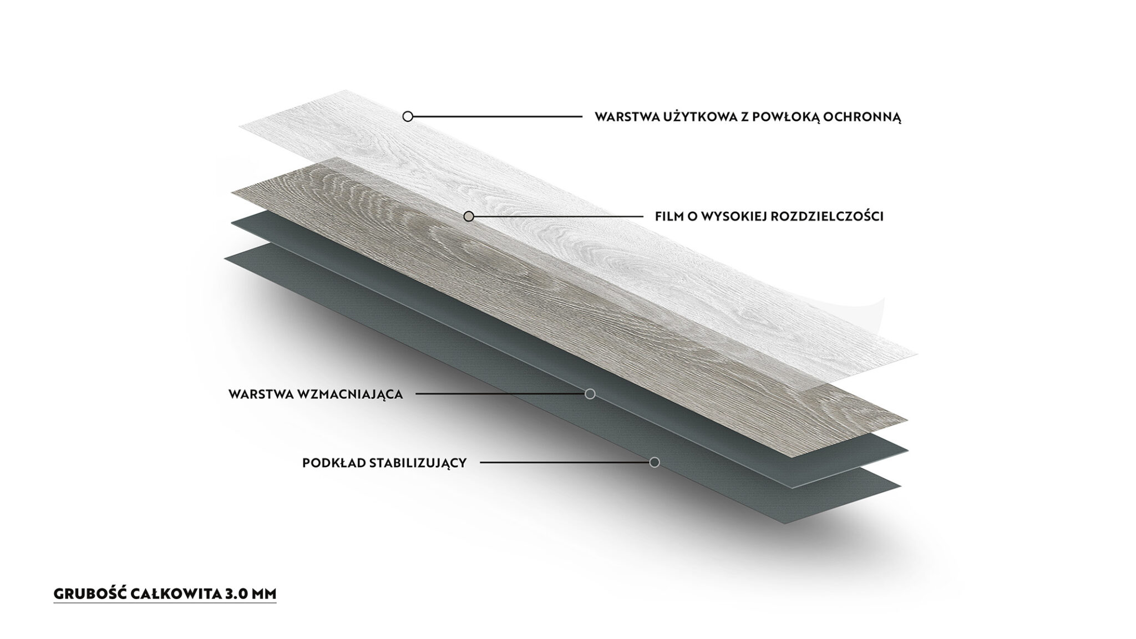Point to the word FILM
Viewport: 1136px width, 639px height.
point(669,216)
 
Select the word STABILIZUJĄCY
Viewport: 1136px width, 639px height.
point(418,463)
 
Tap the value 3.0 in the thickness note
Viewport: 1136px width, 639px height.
point(237,594)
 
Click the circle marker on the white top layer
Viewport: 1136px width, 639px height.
point(408,116)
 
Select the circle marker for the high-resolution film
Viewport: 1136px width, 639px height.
point(469,216)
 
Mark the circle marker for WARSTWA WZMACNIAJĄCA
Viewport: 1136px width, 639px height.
point(590,394)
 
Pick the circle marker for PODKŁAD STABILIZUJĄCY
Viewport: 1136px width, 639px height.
point(655,462)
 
